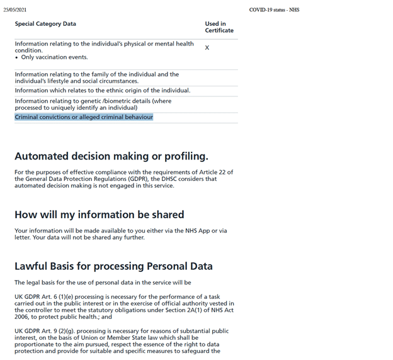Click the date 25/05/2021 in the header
[14, 10]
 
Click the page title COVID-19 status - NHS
[274, 10]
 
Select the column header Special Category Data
[45, 24]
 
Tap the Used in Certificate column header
[219, 27]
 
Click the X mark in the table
[207, 48]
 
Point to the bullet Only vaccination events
[54, 57]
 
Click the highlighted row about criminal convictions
[84, 117]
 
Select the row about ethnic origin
[102, 91]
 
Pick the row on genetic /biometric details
[93, 104]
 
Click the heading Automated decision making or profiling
[111, 156]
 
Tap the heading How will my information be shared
[100, 214]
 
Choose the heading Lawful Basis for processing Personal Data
[113, 266]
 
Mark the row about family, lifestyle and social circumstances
[96, 78]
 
